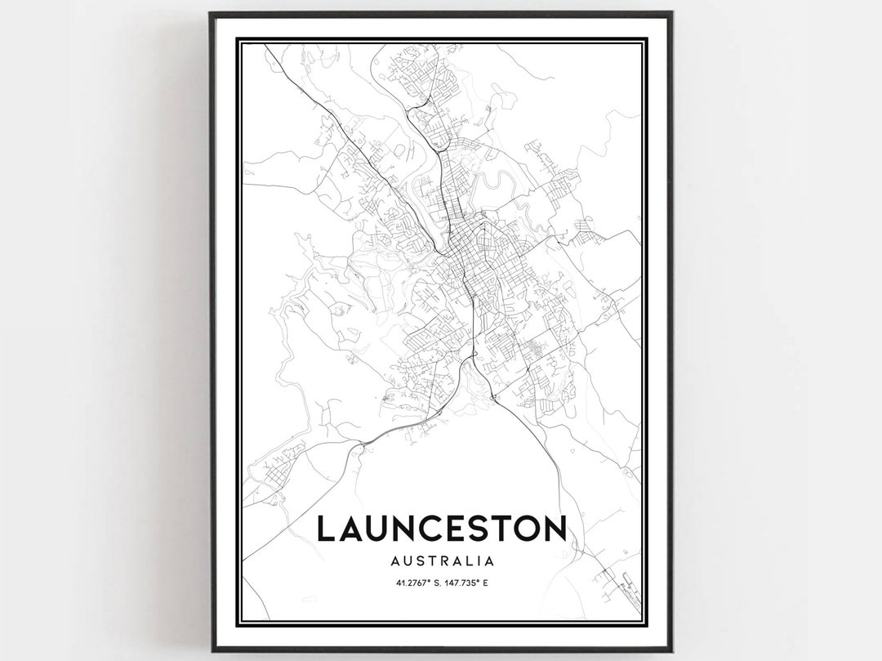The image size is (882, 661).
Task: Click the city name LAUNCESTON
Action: click(x=441, y=529)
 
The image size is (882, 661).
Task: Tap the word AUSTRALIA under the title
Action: click(x=442, y=561)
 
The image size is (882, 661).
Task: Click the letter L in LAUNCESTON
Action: click(x=326, y=529)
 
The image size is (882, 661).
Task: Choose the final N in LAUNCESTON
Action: click(x=553, y=529)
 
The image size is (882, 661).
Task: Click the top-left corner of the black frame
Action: click(x=211, y=13)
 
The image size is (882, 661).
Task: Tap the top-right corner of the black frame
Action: click(x=671, y=13)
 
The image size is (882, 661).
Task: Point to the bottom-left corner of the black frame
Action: click(x=211, y=651)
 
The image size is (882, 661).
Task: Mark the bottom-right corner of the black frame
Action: click(x=671, y=651)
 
